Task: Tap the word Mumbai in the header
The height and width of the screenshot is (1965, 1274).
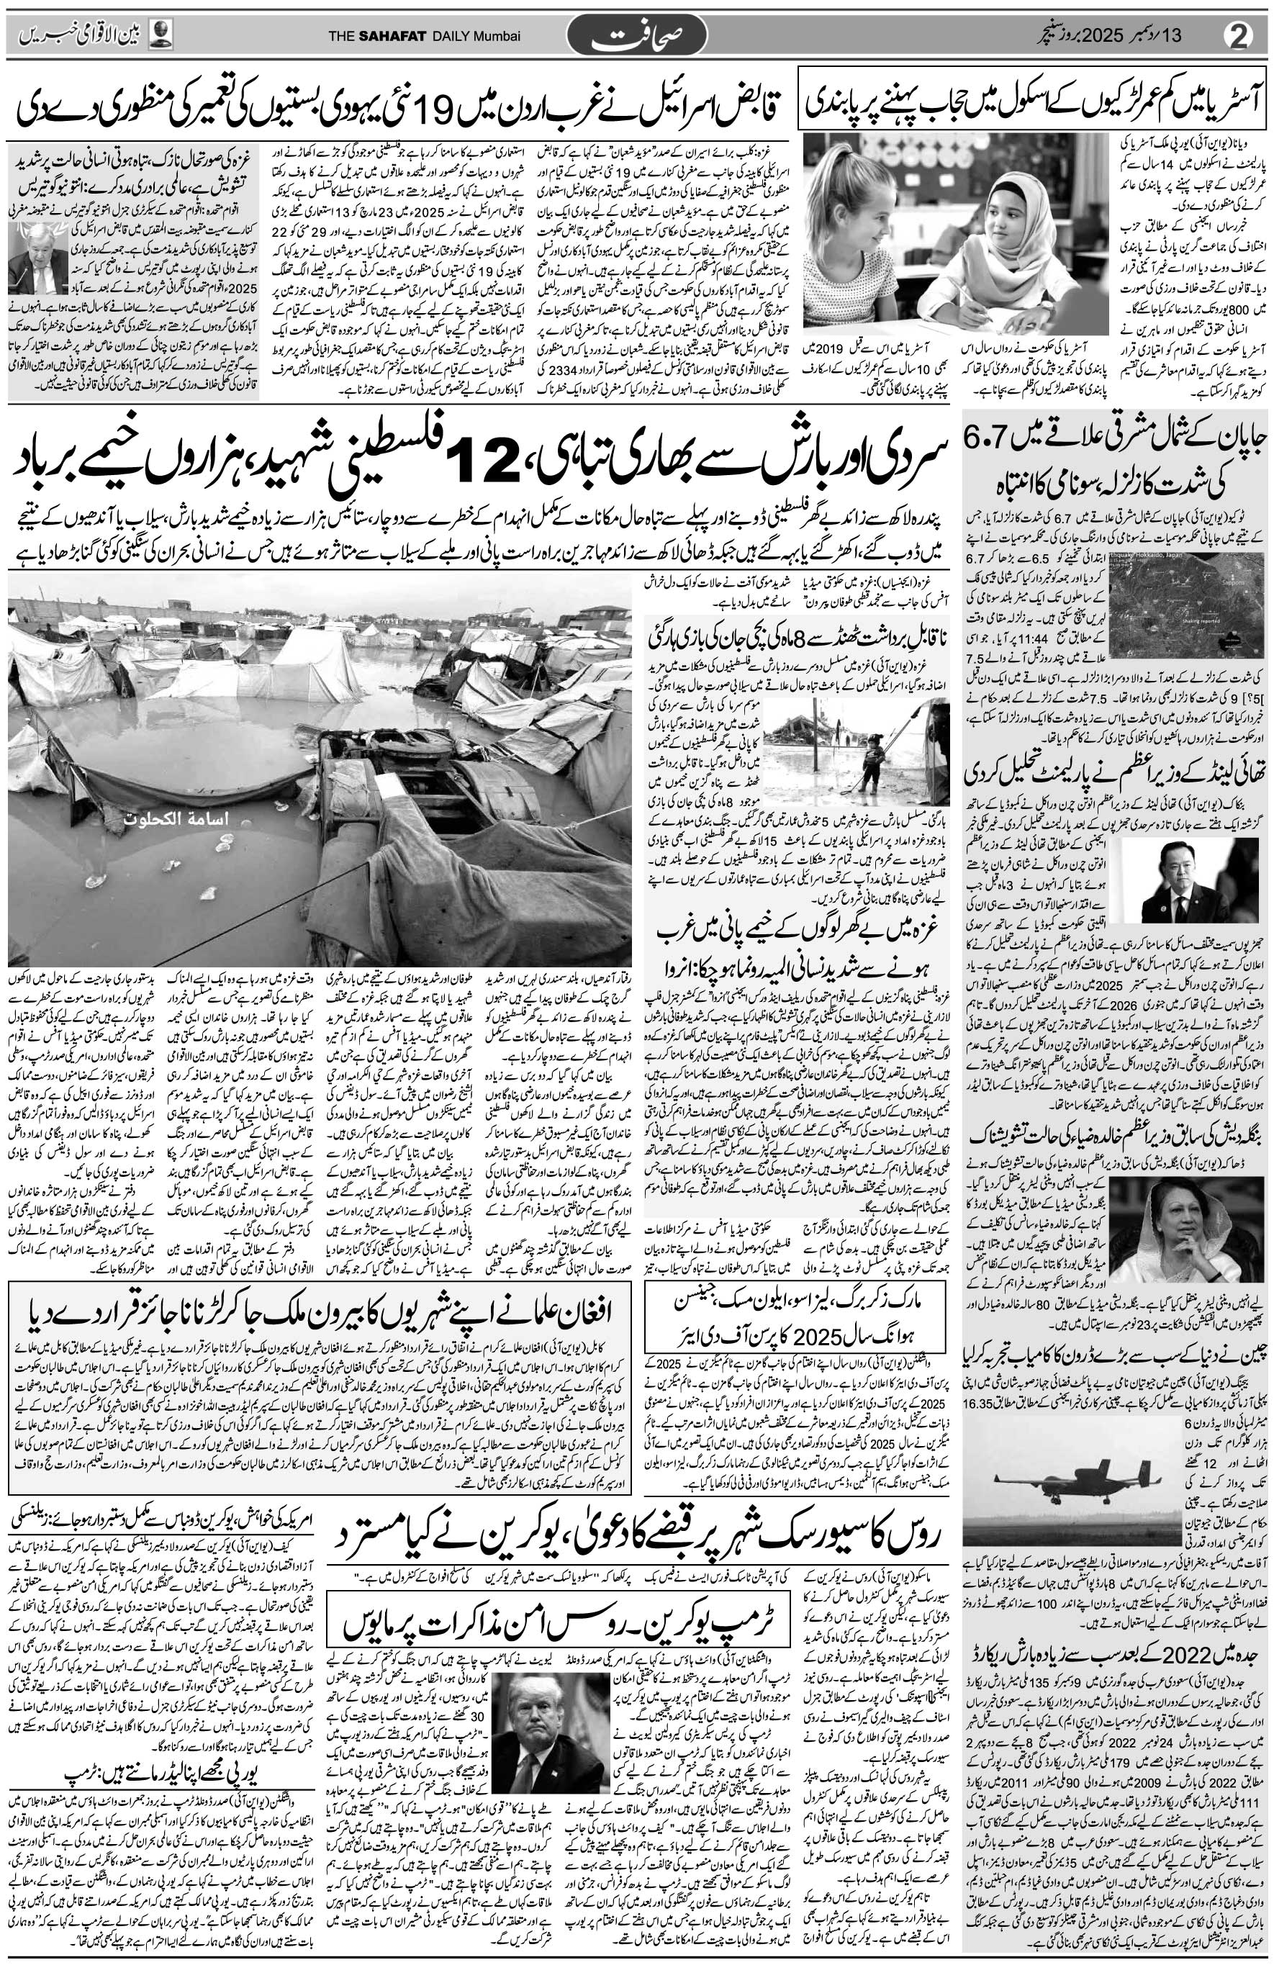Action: [496, 39]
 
